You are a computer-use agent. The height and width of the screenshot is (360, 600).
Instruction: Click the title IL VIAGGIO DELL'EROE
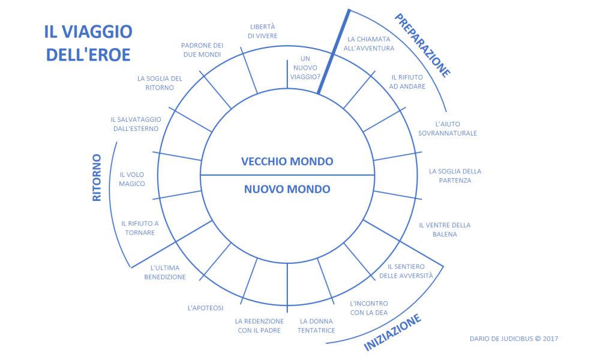[x=88, y=42]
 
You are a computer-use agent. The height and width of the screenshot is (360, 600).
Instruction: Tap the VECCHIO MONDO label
[x=287, y=161]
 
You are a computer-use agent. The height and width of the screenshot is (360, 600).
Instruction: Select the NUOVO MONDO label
[x=287, y=189]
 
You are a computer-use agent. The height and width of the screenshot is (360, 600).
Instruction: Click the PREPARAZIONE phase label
[x=422, y=45]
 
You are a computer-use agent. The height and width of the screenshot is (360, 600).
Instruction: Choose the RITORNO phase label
[x=97, y=177]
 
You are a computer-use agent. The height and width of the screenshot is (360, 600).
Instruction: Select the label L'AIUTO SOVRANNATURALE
[x=448, y=128]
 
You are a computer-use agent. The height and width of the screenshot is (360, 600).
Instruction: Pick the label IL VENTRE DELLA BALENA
[x=445, y=230]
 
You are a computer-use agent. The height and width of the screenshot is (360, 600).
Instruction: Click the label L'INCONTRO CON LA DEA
[x=368, y=308]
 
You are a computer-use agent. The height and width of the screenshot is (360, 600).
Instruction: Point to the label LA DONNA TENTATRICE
[x=317, y=326]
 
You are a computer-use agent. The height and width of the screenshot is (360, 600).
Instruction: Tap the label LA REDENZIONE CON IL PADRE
[x=260, y=326]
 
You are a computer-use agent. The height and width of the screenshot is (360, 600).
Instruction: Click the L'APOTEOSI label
[x=205, y=308]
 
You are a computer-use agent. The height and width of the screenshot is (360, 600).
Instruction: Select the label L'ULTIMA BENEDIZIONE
[x=165, y=272]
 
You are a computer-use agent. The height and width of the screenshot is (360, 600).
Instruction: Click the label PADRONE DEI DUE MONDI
[x=202, y=50]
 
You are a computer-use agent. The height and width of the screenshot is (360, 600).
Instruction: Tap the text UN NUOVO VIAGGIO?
[x=305, y=68]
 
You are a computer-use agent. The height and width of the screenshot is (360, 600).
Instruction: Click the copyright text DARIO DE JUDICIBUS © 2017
[x=514, y=338]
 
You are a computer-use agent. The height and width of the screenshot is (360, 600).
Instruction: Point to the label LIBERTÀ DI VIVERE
[x=262, y=31]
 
